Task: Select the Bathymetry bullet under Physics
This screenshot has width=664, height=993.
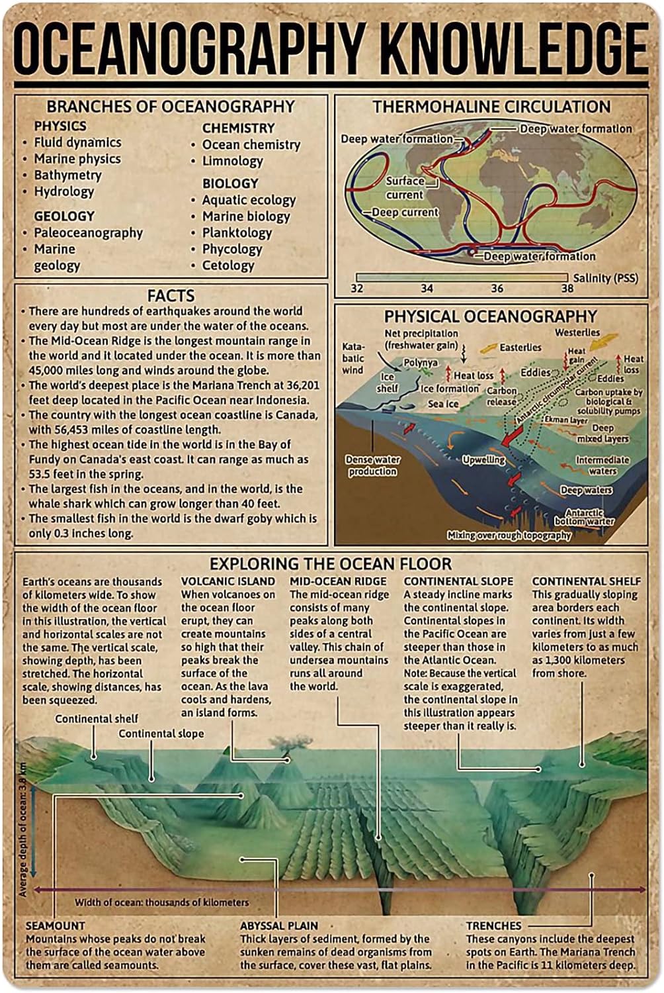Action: [x=67, y=175]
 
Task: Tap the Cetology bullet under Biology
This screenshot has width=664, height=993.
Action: [x=228, y=265]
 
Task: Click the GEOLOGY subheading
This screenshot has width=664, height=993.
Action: [x=64, y=216]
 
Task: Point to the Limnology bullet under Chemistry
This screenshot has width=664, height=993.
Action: [x=232, y=161]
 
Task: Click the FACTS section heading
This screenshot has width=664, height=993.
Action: [x=171, y=295]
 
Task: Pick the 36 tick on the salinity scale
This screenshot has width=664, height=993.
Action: [x=497, y=288]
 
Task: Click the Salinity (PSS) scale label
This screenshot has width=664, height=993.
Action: [x=606, y=278]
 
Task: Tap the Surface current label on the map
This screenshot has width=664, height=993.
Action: [x=405, y=188]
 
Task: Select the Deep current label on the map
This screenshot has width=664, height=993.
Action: [x=405, y=213]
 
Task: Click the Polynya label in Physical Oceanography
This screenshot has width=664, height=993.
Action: [x=421, y=363]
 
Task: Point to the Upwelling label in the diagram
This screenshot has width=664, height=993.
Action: [x=483, y=459]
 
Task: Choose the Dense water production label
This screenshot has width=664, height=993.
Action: [x=372, y=465]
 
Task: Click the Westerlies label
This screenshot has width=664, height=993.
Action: [x=577, y=332]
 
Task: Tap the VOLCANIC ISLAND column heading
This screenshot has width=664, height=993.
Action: [x=228, y=581]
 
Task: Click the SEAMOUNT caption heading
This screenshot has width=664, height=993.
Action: [x=56, y=925]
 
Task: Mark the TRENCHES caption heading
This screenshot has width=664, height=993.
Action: [x=493, y=925]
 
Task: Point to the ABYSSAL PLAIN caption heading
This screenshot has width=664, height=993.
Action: [x=279, y=925]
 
